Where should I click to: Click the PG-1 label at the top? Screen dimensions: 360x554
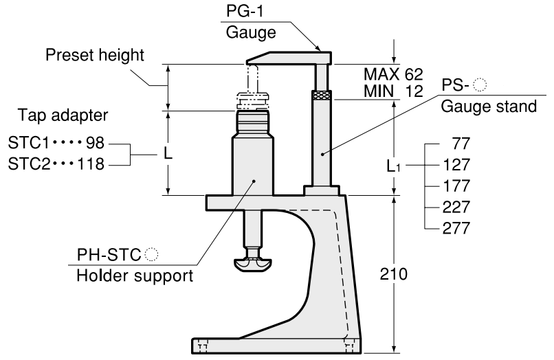(242, 11)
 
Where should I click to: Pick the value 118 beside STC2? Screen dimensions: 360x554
(93, 165)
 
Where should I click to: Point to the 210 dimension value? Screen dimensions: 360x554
(398, 274)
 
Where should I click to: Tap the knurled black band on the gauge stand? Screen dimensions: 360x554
(321, 95)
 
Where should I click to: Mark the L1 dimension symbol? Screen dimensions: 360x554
(392, 166)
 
